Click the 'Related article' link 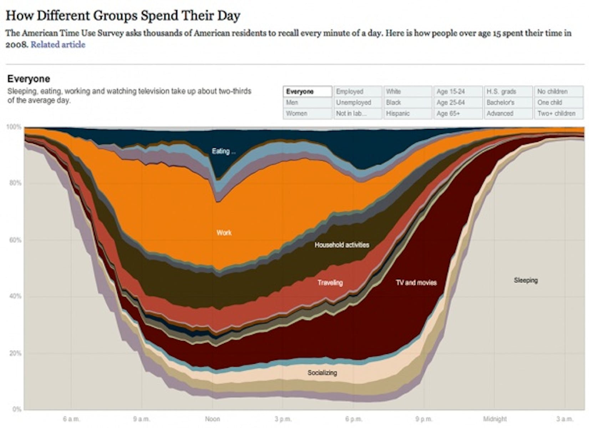pos(58,45)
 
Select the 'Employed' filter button pos(358,92)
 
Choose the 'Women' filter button pos(308,113)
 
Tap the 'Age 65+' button pos(458,113)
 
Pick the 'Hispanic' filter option pos(408,113)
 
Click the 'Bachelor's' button pos(508,102)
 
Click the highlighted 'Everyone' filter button pos(308,92)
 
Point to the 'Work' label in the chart pos(224,233)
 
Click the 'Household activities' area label pos(342,245)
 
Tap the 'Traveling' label pos(330,283)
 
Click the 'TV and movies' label pos(416,283)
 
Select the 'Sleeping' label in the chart pos(525,280)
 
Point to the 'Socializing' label pos(322,373)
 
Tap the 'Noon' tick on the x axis pos(212,419)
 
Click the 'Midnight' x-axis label pos(494,419)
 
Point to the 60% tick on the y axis pos(15,240)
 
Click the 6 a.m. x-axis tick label pos(71,419)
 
